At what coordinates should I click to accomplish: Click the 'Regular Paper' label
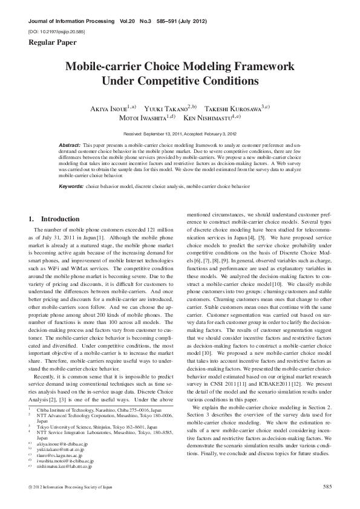click(x=50, y=42)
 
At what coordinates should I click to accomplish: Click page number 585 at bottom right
click(x=328, y=486)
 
